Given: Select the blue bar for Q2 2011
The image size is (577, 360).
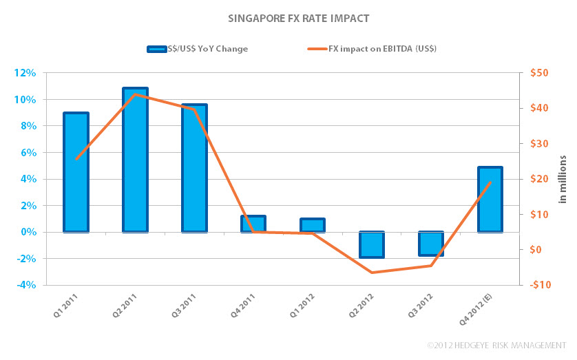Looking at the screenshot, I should coord(135,160).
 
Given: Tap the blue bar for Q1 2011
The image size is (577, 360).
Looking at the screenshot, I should coord(76,172).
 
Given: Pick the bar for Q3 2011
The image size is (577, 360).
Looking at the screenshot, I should coord(194,168).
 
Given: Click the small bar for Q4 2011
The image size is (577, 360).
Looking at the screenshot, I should coord(253,224).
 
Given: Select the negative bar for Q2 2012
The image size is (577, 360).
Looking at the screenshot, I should coord(371,245).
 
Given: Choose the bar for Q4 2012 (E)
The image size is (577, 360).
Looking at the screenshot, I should coord(490,199).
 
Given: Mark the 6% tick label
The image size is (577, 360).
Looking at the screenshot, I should coord(28,153).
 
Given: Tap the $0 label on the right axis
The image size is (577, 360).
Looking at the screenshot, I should coord(539,250).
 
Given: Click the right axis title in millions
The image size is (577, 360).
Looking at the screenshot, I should coord(562,179).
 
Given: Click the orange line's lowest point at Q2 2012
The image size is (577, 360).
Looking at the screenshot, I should coord(372,273).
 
